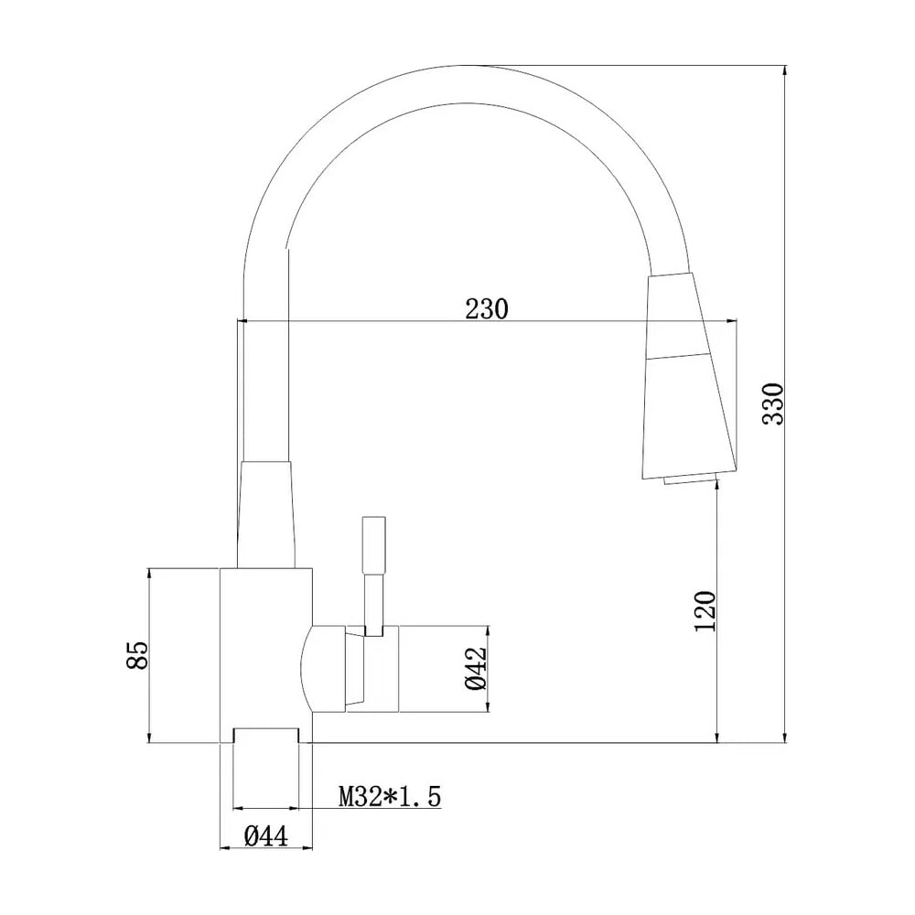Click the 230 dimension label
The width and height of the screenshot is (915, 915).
487,308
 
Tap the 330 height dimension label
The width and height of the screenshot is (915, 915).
774,404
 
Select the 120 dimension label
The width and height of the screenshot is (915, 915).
705,611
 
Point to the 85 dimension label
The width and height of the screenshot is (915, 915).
138,655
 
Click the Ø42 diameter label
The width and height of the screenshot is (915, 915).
476,669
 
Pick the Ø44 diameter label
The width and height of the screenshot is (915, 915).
266,837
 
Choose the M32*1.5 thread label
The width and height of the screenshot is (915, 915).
390,796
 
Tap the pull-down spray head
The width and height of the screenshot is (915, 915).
689,375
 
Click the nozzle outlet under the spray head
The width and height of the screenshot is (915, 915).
690,479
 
